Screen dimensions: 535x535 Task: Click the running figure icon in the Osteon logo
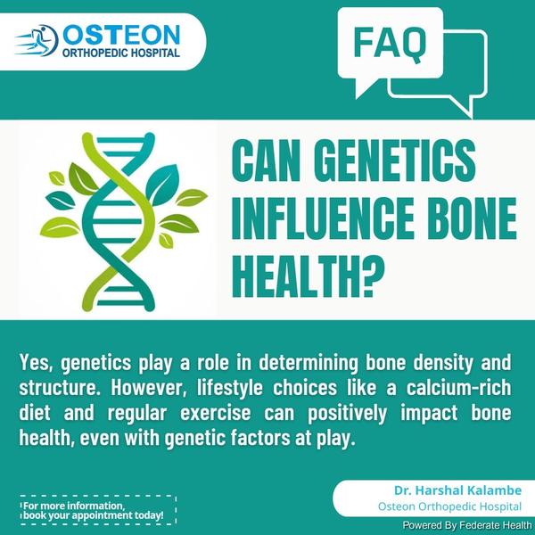[37, 40]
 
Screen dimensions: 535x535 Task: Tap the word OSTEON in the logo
[121, 35]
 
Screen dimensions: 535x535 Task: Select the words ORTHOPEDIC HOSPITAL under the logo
[121, 53]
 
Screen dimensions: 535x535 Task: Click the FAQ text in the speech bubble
[390, 44]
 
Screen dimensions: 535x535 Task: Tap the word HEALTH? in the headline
[309, 276]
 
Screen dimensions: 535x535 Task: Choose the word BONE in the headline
[473, 218]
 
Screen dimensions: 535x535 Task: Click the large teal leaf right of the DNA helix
[162, 185]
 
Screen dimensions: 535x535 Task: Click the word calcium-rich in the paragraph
[458, 388]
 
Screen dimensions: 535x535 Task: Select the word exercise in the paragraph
[215, 413]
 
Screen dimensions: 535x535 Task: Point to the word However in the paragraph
[149, 388]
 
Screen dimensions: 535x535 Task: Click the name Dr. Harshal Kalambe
[458, 490]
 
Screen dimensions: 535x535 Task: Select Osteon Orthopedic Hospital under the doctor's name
[449, 506]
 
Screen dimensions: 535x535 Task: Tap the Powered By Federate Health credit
[467, 525]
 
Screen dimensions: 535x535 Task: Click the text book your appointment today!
[94, 515]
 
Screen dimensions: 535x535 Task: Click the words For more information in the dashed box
[74, 506]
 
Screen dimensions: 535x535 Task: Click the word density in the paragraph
[443, 364]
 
